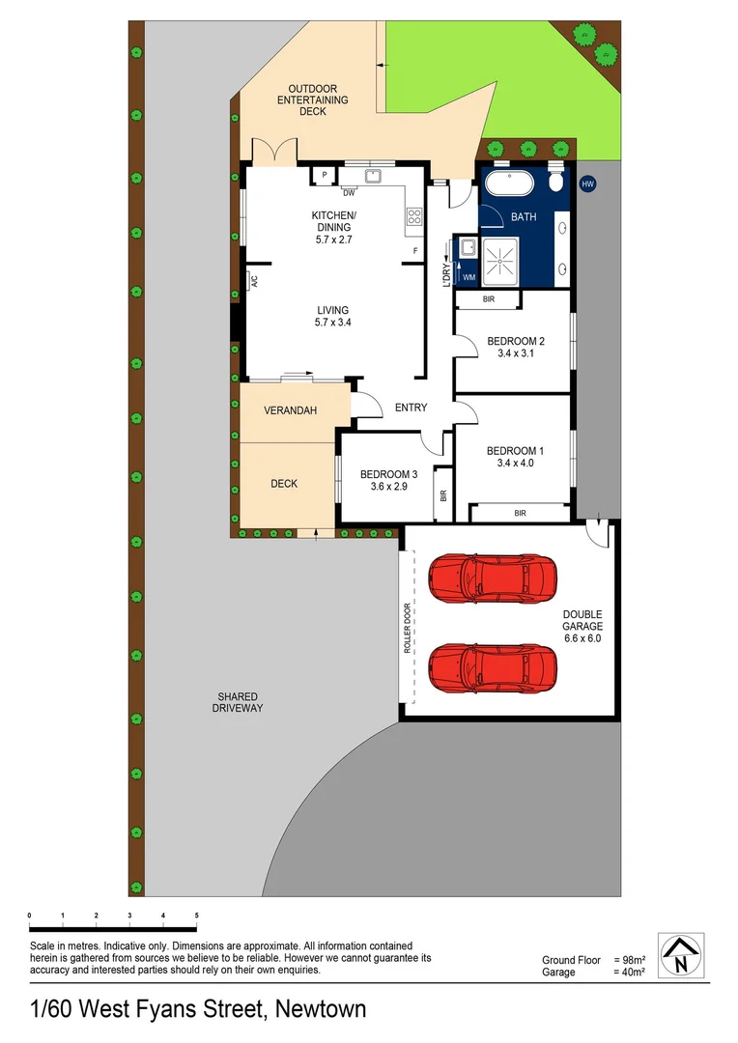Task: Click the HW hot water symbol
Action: (586, 183)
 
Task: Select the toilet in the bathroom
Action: (556, 183)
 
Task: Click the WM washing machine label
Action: (469, 277)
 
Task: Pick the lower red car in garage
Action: (493, 665)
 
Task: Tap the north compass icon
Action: (683, 957)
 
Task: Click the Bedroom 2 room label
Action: (515, 347)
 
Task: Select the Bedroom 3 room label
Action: (388, 480)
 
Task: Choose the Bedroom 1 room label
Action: (515, 457)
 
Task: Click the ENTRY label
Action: (411, 408)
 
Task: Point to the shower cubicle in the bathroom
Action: (501, 258)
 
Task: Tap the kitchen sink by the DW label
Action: (373, 176)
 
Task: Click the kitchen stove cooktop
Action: (415, 217)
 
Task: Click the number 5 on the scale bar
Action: (197, 915)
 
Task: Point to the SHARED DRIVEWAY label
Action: (237, 702)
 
